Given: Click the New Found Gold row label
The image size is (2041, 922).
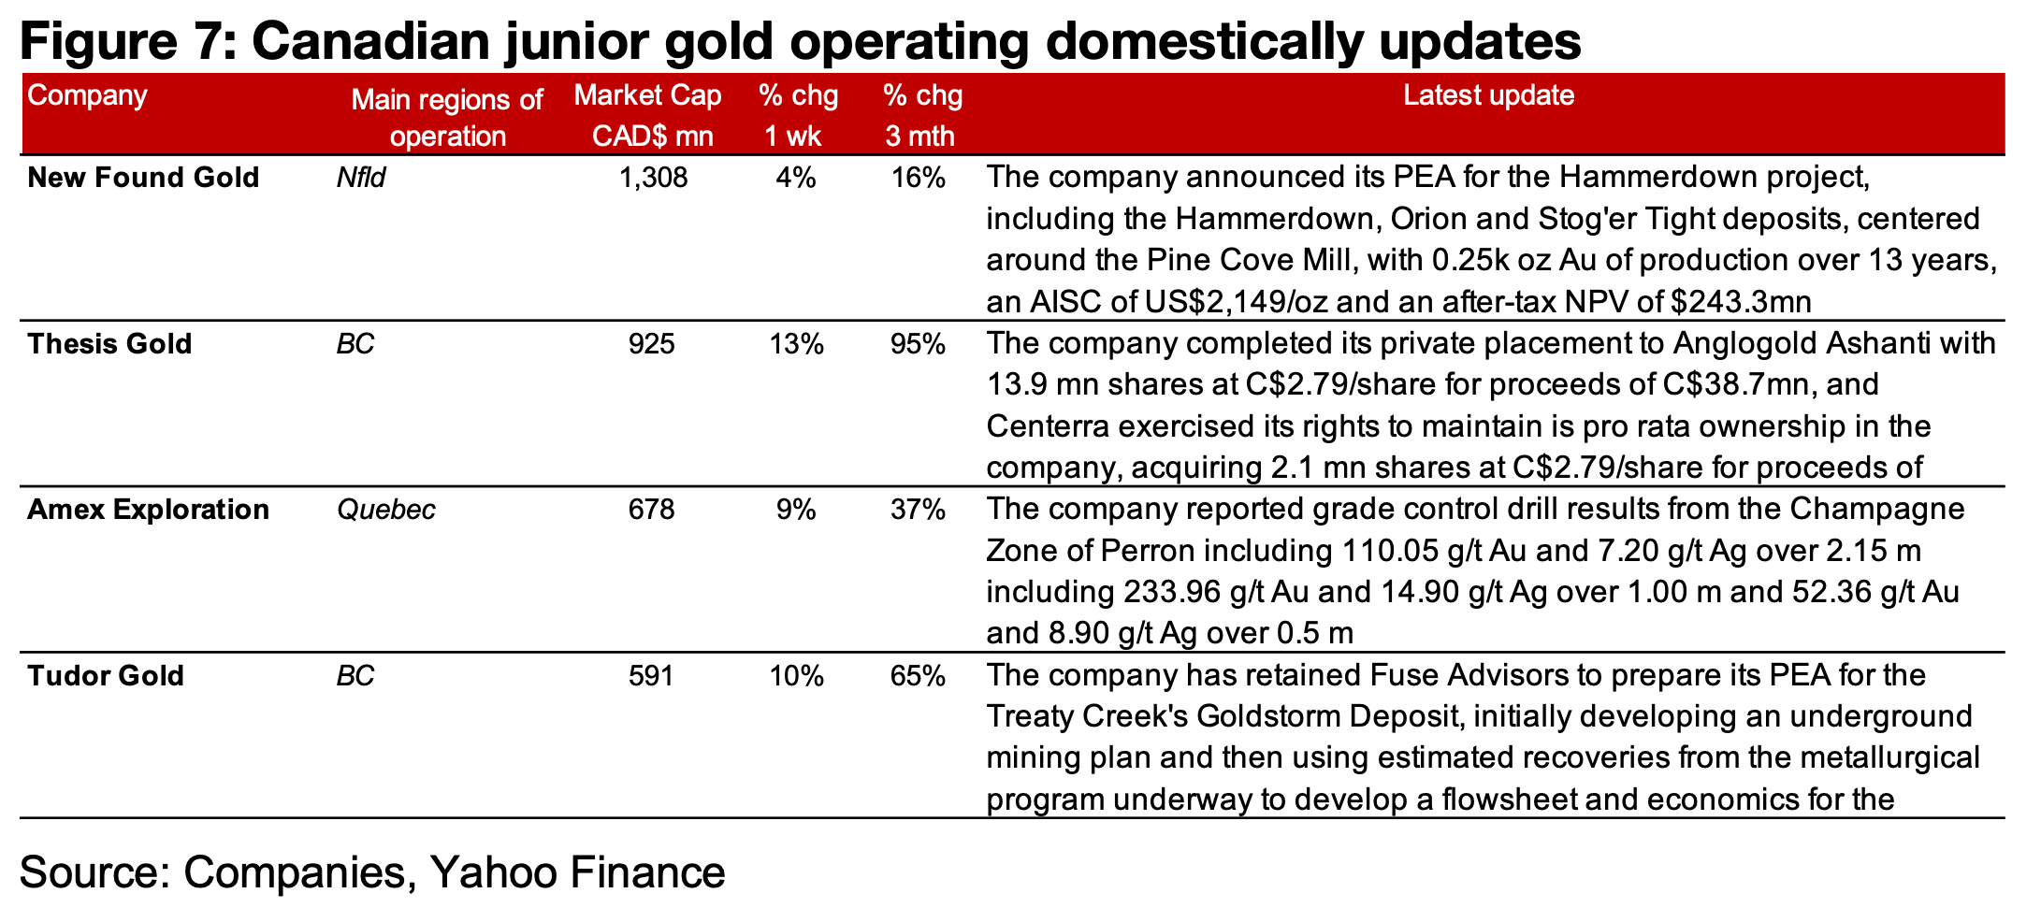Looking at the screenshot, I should coord(143,178).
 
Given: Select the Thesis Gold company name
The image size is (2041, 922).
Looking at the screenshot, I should coord(109,344).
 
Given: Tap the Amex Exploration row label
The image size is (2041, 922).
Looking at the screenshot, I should coord(148,510).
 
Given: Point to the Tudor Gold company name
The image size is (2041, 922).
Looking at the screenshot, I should coord(106,675).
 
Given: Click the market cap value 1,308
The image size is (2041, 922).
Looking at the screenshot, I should coord(653,178).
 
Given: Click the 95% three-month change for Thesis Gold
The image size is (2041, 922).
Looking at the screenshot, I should coord(918,344).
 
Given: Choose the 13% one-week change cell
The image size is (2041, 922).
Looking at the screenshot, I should coord(796,344).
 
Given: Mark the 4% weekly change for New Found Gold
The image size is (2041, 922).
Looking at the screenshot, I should coord(796,178).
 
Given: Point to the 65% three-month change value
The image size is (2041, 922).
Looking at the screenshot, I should coord(918,675).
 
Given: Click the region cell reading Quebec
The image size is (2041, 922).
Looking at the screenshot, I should coord(385,510).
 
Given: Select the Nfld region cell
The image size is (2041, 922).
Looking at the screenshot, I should coord(361,178).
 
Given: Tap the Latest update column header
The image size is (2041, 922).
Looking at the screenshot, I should coord(1488,95).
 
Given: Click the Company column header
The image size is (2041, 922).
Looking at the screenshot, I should coord(88,95).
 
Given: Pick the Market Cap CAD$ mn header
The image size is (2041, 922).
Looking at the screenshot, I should coord(648,116).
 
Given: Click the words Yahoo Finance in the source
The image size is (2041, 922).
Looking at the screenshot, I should coord(577,872).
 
